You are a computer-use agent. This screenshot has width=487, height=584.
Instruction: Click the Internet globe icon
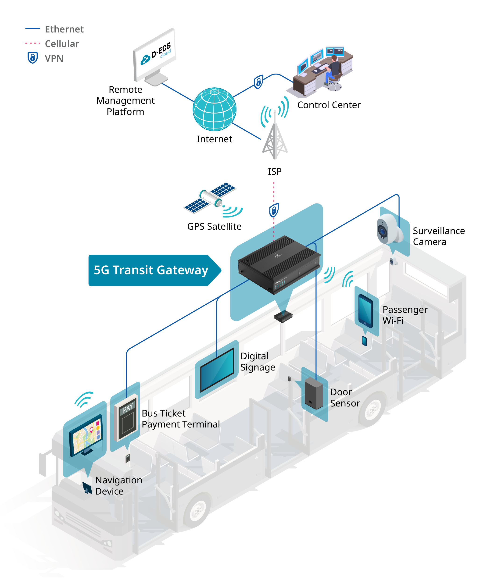[x=215, y=109]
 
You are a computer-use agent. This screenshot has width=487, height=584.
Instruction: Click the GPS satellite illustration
[x=211, y=198]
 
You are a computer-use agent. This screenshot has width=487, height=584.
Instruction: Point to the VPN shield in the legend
[x=32, y=57]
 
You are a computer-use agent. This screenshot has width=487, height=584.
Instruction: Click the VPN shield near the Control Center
[x=258, y=82]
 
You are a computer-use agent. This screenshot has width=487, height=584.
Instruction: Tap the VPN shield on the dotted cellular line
[x=274, y=210]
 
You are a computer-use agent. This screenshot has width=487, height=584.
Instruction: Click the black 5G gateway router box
[x=279, y=264]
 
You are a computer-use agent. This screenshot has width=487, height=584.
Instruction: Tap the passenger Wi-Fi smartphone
[x=365, y=311]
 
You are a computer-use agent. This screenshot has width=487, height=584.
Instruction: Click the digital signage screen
[x=217, y=369]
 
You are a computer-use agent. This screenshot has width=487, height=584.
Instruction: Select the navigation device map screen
[x=86, y=435]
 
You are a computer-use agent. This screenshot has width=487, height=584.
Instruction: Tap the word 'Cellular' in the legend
[x=62, y=44]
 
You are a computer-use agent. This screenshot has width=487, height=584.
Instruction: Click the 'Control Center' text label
[x=329, y=105]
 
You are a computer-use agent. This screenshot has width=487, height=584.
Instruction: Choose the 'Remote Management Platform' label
[x=125, y=100]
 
